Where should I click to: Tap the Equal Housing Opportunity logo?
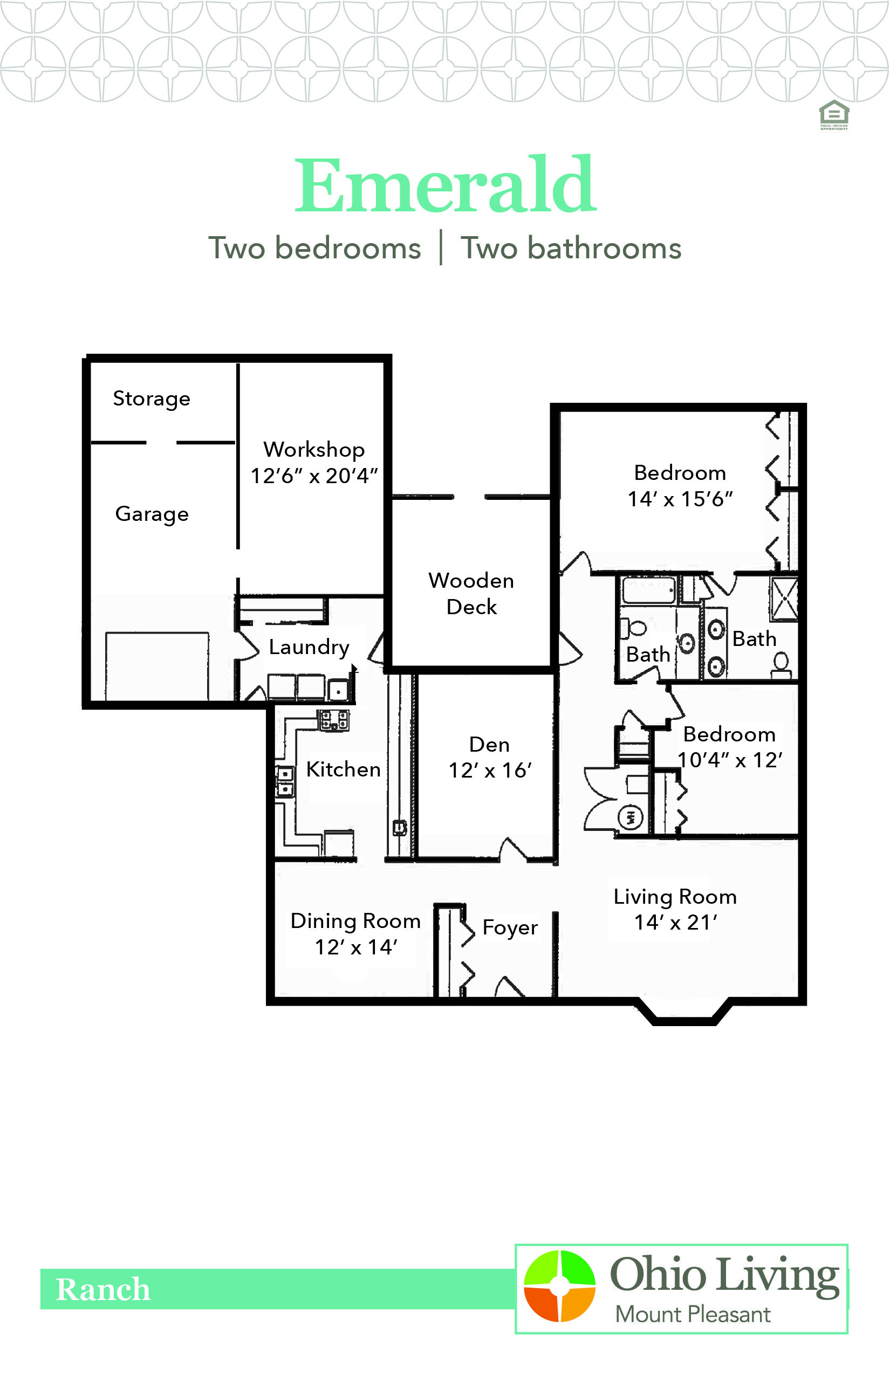click(834, 114)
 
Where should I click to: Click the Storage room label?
click(152, 398)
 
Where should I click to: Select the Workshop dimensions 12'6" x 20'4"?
click(314, 476)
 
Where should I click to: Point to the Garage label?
click(152, 513)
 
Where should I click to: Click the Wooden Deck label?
click(471, 593)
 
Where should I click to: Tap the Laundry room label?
click(309, 647)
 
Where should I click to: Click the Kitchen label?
click(343, 769)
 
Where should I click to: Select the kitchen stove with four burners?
click(334, 720)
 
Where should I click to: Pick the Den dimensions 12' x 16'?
click(490, 770)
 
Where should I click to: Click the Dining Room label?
click(355, 921)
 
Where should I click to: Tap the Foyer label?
click(510, 927)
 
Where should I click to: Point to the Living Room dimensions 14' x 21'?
click(675, 923)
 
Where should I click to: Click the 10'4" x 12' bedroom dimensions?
click(729, 760)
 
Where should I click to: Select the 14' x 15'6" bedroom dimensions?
click(680, 499)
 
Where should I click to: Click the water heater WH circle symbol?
click(631, 817)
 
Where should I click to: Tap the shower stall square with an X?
click(784, 599)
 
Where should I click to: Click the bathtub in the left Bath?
click(648, 590)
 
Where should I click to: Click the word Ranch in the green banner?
click(103, 1289)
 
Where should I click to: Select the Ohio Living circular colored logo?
click(559, 1286)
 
